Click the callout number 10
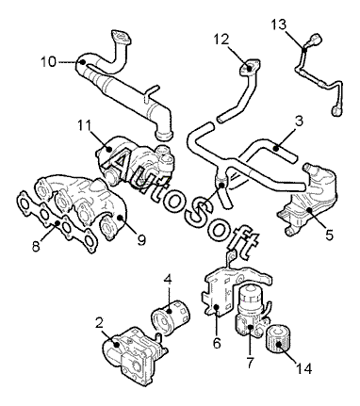click(x=49, y=62)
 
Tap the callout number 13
click(x=279, y=24)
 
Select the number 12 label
click(x=221, y=40)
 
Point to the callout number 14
click(x=303, y=368)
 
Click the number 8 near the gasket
click(x=36, y=247)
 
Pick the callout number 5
click(x=329, y=235)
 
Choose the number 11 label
click(x=84, y=126)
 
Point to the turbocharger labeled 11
click(x=135, y=160)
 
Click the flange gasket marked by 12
click(x=250, y=67)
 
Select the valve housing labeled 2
click(x=134, y=356)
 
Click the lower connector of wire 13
click(x=337, y=109)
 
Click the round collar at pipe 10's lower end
click(x=164, y=136)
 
